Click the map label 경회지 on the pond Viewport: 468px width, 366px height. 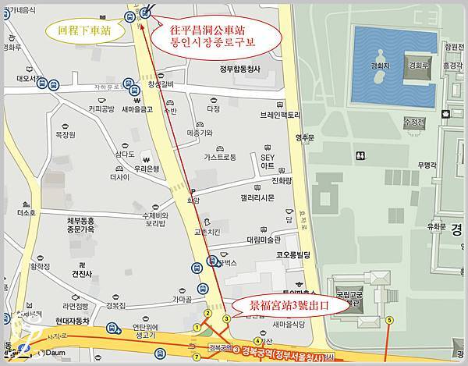click(381, 68)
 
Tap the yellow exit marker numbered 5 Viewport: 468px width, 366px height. click(388, 318)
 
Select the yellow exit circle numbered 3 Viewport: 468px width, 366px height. click(225, 318)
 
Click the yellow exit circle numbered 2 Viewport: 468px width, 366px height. click(207, 313)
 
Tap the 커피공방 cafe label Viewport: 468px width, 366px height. click(101, 108)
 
